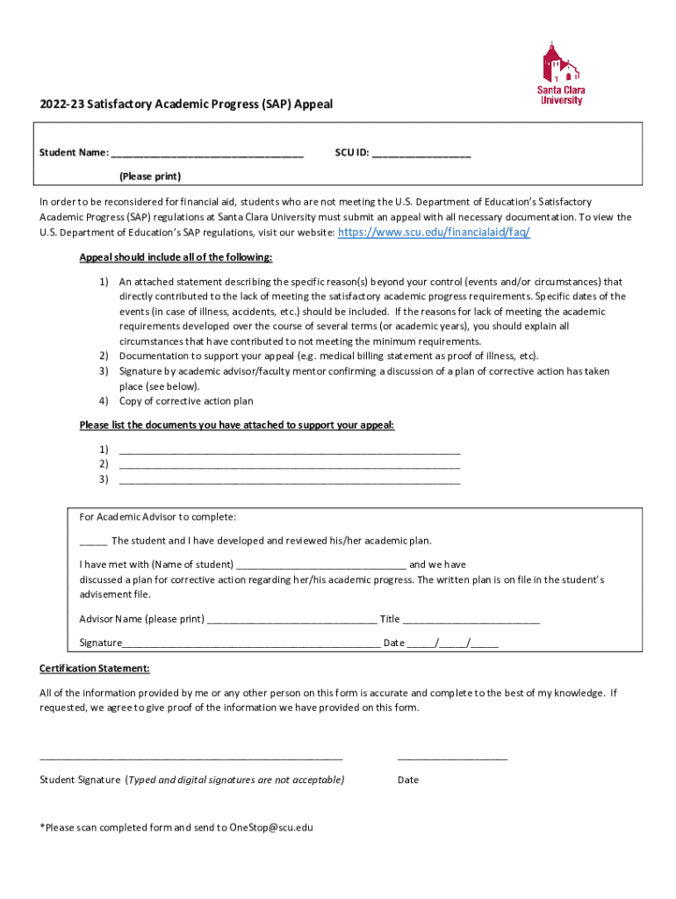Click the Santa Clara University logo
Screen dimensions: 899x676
pyautogui.click(x=562, y=74)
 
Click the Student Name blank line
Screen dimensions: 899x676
pyautogui.click(x=207, y=155)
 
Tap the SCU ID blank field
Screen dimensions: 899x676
pyautogui.click(x=421, y=155)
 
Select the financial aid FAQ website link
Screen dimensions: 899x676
pyautogui.click(x=434, y=233)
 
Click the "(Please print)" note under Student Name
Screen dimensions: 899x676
pyautogui.click(x=150, y=176)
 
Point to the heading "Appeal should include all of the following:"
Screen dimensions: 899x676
pyautogui.click(x=176, y=257)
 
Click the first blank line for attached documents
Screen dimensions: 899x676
pyautogui.click(x=289, y=450)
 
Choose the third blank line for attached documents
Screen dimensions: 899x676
pyautogui.click(x=289, y=480)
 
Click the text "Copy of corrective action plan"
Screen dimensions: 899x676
pyautogui.click(x=186, y=401)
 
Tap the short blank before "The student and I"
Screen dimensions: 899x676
pyautogui.click(x=93, y=542)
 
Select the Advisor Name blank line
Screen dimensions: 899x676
pyautogui.click(x=291, y=620)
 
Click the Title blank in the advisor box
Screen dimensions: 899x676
pyautogui.click(x=471, y=620)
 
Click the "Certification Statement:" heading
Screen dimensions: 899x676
pyautogui.click(x=95, y=668)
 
